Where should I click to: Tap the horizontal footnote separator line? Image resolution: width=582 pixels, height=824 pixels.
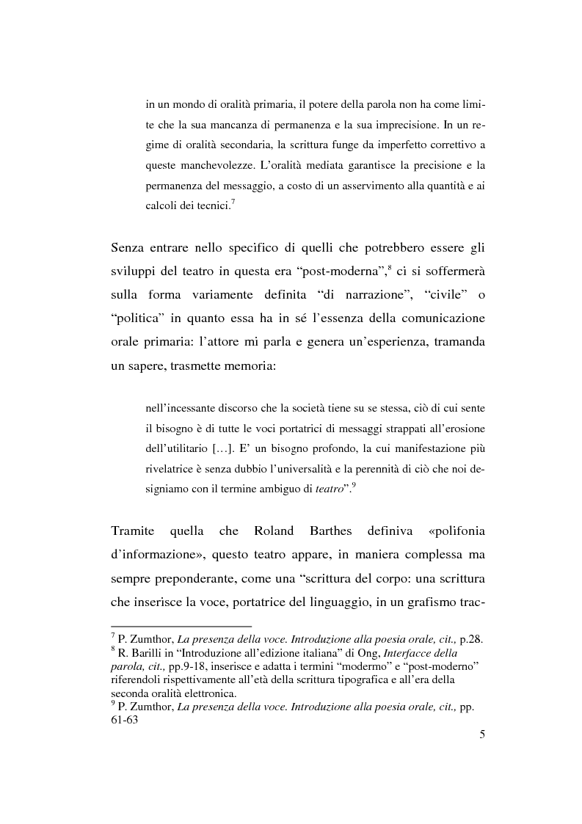pos(181,626)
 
